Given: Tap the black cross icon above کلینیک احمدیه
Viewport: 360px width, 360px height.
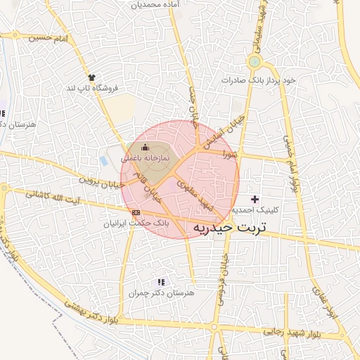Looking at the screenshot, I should (x=255, y=200).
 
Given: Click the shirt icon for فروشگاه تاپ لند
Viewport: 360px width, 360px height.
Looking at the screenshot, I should (x=91, y=77).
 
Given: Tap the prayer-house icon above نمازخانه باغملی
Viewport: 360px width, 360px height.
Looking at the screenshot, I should (x=146, y=147).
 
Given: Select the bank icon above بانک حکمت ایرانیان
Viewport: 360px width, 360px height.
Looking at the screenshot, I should (x=136, y=212).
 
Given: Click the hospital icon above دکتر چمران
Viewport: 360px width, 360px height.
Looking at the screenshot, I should (x=161, y=282).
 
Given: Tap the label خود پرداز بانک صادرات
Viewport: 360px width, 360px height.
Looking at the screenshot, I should (x=259, y=80).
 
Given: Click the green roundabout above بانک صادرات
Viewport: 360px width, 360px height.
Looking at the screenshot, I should (x=254, y=63).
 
